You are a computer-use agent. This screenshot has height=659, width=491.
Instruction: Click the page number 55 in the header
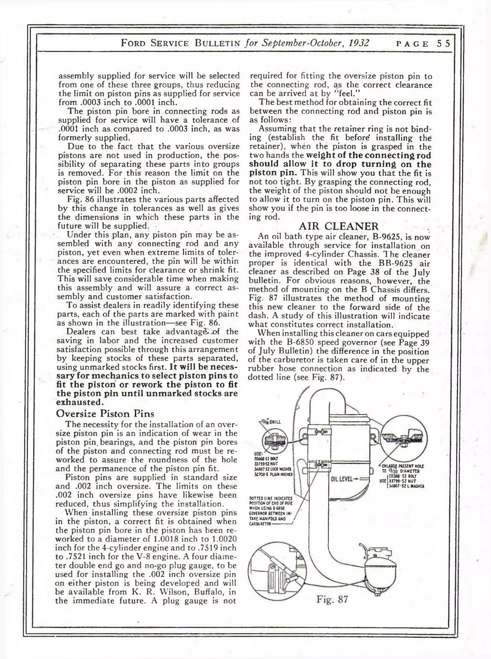(444, 44)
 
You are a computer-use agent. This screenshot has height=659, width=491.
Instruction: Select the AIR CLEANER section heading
(339, 226)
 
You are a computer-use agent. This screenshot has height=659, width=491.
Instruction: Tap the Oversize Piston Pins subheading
(105, 413)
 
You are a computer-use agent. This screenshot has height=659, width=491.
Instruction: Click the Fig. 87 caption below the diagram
(332, 599)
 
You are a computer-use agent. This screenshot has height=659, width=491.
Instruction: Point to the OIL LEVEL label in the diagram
(341, 479)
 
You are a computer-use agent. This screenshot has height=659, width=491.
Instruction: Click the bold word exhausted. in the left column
(80, 402)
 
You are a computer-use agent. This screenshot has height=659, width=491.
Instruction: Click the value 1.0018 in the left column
(166, 539)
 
